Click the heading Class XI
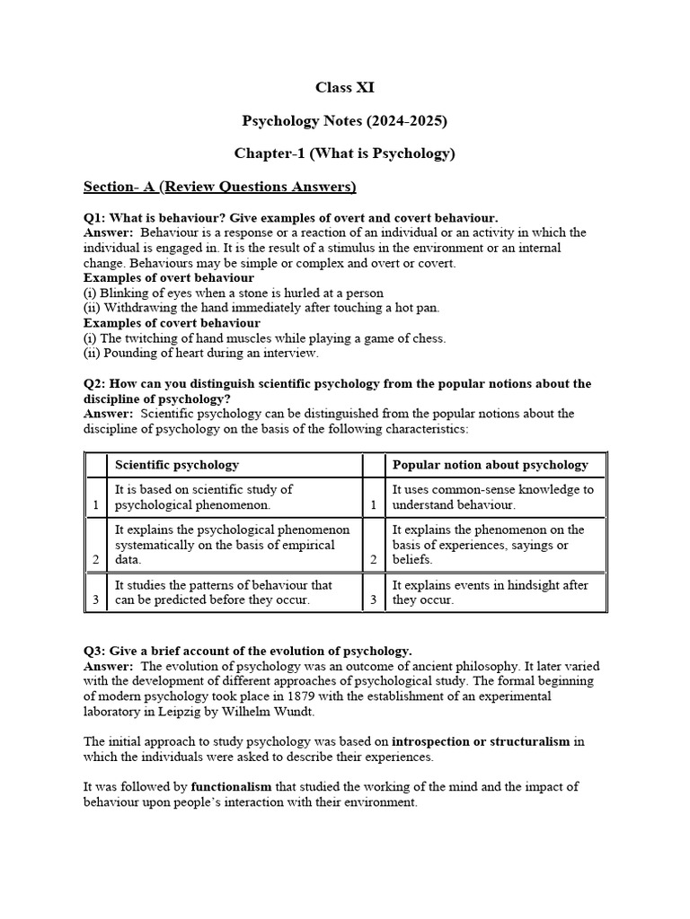coord(344,88)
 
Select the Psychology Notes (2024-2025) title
coord(344,120)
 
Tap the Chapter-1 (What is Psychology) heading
coord(344,153)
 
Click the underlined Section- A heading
coord(219,187)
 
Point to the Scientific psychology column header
coord(177,465)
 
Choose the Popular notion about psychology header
coord(491,465)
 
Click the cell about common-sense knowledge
coord(493,497)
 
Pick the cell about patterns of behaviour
coord(224,592)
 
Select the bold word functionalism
coord(232,787)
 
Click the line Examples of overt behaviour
coord(169,278)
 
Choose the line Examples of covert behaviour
coord(172,323)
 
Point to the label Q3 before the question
coord(94,651)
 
